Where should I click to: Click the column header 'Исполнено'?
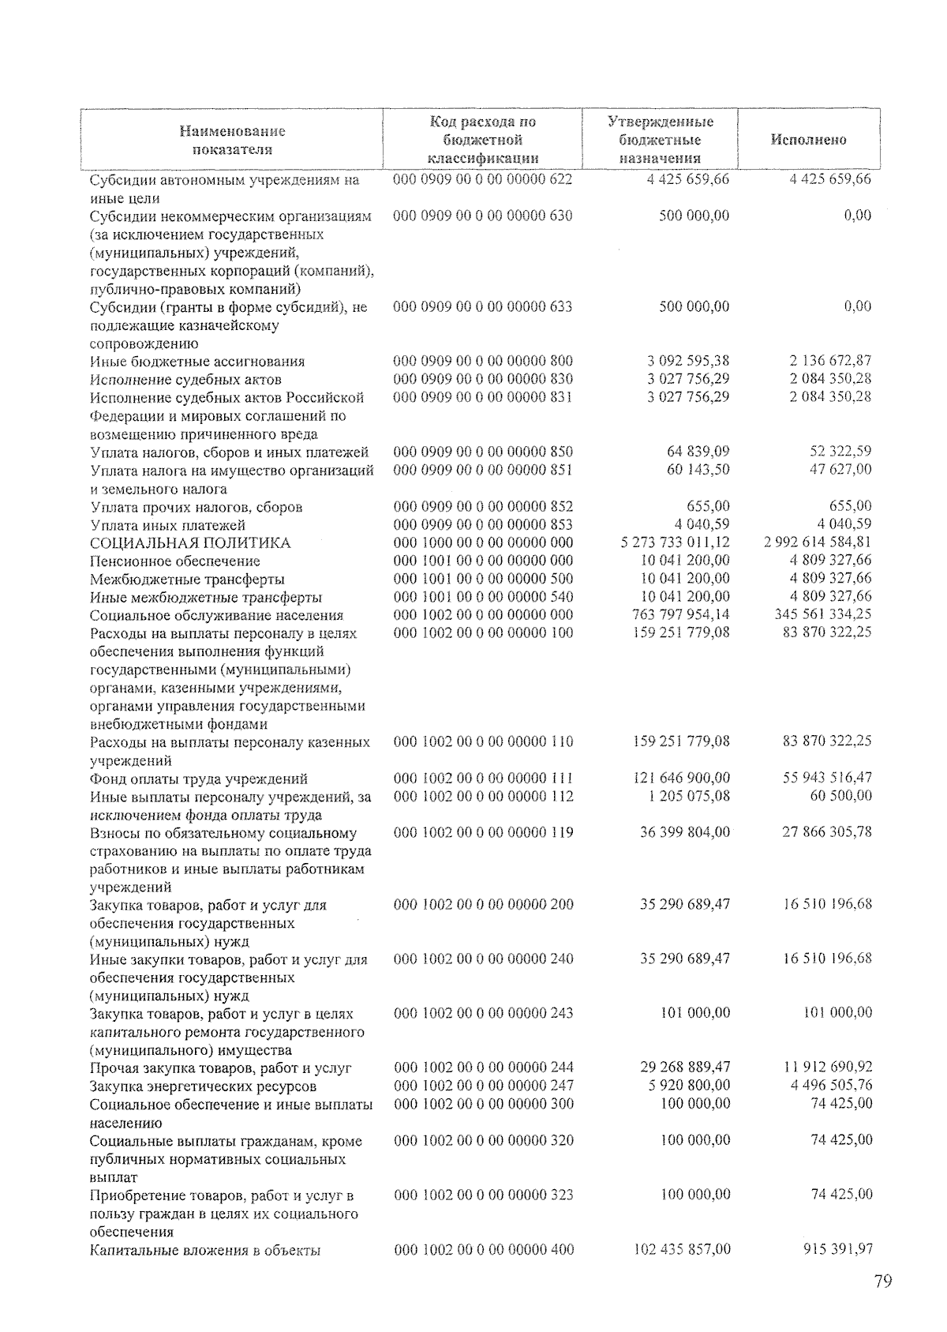(808, 140)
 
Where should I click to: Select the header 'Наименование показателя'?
(232, 140)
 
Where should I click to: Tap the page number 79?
(883, 1281)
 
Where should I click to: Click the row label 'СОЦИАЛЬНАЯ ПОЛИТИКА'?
(190, 543)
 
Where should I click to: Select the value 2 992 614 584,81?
(818, 542)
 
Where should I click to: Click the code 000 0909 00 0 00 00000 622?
(483, 179)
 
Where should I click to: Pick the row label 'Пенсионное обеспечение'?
(175, 561)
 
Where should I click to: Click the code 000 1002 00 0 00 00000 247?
(484, 1086)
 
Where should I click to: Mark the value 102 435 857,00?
(682, 1250)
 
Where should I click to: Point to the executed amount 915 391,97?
(837, 1249)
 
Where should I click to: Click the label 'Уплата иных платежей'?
(168, 525)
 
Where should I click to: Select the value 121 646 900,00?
(682, 778)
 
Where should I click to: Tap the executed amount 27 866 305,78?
(827, 831)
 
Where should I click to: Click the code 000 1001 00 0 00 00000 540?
(483, 597)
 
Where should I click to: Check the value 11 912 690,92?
(827, 1067)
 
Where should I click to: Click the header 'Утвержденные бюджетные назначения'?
(660, 140)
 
